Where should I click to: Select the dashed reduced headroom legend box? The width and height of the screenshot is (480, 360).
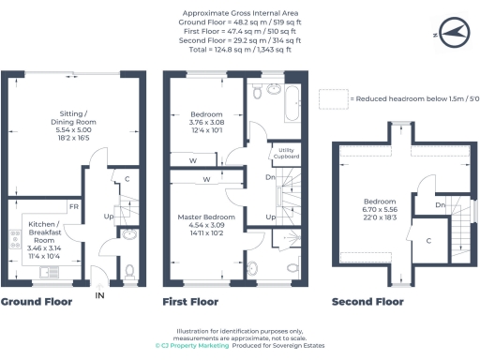click(x=332, y=97)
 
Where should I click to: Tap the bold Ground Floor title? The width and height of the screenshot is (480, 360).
click(x=36, y=302)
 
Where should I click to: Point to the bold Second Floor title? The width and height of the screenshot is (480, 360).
click(x=367, y=302)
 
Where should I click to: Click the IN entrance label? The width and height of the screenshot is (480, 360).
click(x=99, y=295)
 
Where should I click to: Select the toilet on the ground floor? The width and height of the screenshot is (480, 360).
click(x=128, y=271)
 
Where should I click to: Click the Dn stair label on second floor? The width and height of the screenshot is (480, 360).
click(x=440, y=204)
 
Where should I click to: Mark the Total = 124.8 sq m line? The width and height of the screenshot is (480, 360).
click(x=239, y=50)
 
